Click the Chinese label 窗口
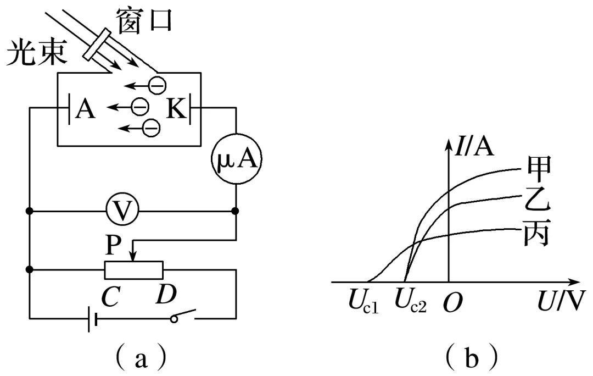(x=144, y=20)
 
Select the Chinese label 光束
(x=36, y=55)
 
